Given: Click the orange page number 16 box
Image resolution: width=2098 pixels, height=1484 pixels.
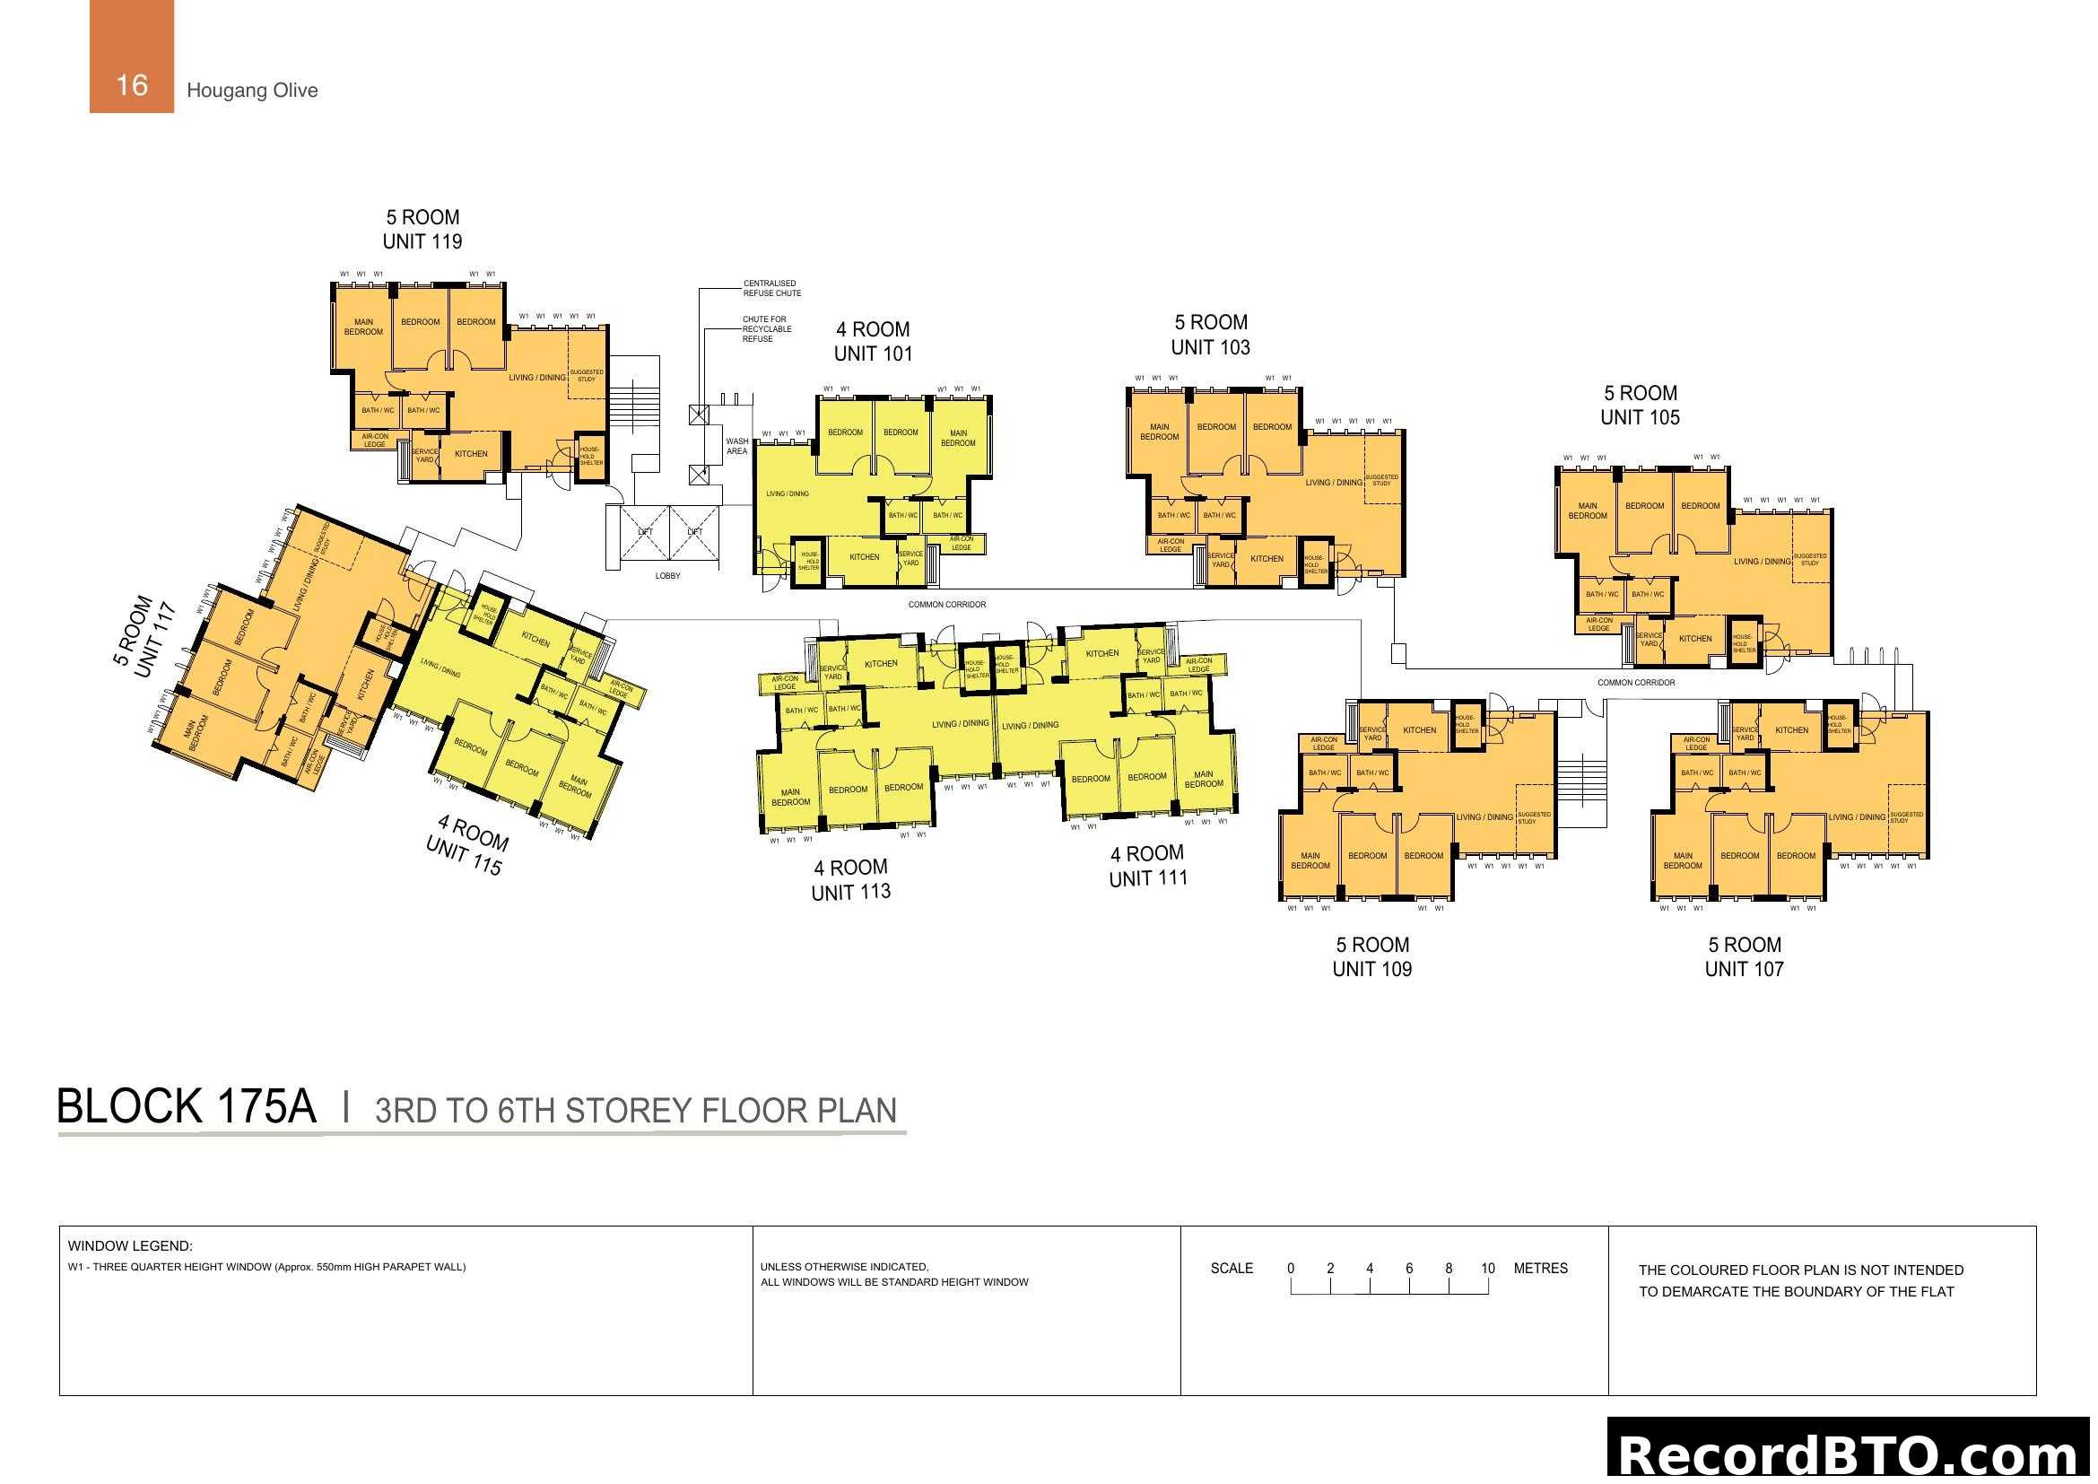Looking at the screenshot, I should (x=132, y=57).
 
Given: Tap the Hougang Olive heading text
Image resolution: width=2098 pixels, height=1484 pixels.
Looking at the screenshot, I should (x=252, y=91).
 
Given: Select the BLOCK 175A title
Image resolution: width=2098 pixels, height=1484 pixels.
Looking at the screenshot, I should (x=187, y=1106).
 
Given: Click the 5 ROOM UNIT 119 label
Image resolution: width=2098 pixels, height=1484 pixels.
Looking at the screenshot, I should (x=422, y=230).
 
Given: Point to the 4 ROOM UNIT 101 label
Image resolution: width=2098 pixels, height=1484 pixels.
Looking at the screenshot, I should (x=873, y=342).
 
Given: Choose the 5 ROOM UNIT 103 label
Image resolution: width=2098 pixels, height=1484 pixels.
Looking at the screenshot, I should (x=1211, y=335).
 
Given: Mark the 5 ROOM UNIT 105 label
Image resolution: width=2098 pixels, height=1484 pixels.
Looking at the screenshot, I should (x=1641, y=405).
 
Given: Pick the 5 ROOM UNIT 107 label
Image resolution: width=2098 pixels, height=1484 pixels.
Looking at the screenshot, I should (x=1745, y=956).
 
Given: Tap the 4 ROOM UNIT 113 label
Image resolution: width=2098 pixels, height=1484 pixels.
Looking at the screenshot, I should (x=850, y=879).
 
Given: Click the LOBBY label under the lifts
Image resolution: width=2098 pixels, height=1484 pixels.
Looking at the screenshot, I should (x=668, y=576).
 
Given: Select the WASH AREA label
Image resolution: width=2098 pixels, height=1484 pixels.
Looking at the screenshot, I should (x=737, y=446).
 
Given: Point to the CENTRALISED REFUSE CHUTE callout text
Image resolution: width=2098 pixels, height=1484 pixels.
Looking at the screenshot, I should (x=772, y=288).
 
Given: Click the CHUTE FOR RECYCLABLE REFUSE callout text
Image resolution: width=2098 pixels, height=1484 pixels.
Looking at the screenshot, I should (x=767, y=329).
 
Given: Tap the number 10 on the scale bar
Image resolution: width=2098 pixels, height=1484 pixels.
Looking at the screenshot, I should (x=1487, y=1269).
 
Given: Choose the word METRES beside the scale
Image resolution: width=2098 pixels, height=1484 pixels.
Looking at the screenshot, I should (x=1541, y=1269).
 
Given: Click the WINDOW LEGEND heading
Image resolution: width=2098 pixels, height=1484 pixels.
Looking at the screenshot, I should (x=130, y=1245).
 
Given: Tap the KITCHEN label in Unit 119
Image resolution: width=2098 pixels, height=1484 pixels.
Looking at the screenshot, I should (x=472, y=453).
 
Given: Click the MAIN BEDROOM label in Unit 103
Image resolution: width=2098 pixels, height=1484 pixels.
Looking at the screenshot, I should (x=1160, y=432).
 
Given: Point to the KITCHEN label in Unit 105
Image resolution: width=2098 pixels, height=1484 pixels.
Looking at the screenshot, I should (x=1695, y=639).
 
